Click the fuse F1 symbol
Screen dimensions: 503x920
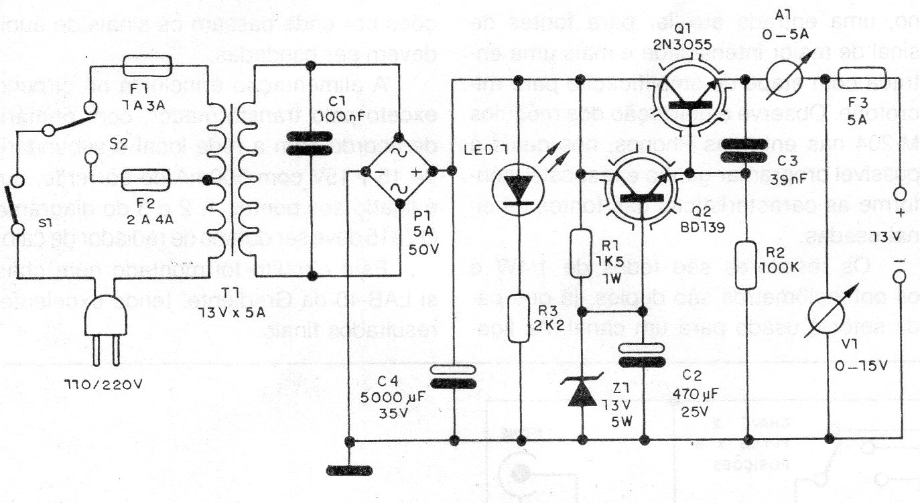click(148, 66)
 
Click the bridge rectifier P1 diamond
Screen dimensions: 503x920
click(399, 171)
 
